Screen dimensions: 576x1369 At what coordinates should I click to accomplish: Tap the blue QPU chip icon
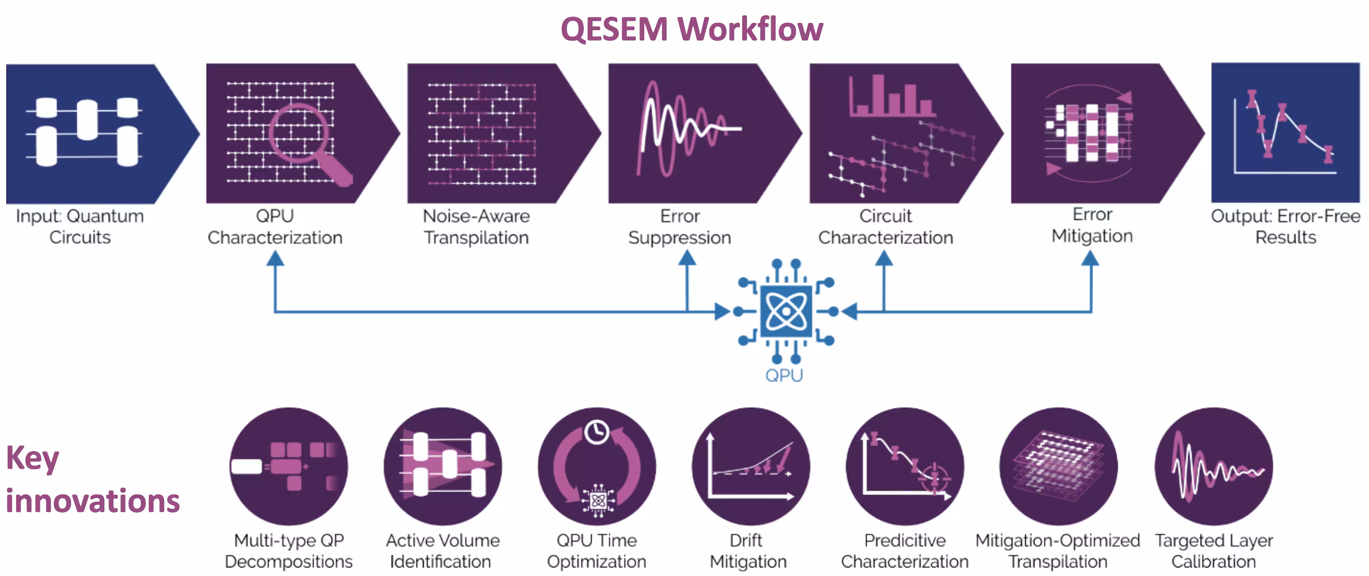click(786, 311)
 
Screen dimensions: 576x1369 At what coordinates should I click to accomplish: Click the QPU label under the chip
click(784, 375)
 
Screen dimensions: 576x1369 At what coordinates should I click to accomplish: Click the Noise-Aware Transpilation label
click(476, 226)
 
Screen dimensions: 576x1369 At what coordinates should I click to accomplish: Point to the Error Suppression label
click(680, 226)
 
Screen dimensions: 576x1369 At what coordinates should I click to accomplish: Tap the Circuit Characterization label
click(885, 226)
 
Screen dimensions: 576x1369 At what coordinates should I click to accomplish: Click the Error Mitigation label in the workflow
click(1092, 225)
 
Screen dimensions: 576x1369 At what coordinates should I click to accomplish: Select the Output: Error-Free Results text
click(1285, 226)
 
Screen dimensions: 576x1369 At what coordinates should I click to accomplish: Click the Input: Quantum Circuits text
click(80, 226)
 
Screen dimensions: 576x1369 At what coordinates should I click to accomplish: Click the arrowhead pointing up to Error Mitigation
click(1091, 259)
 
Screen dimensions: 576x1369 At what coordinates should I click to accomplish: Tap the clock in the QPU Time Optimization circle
click(596, 432)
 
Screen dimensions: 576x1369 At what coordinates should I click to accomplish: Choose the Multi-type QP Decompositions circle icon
click(288, 466)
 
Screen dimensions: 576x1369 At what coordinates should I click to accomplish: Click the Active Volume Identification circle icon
click(443, 466)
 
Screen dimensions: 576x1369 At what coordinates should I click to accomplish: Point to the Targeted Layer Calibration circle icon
click(1213, 466)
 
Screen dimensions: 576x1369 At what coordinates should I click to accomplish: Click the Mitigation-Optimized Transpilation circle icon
click(1058, 466)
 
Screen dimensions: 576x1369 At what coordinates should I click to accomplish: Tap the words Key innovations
click(92, 479)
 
